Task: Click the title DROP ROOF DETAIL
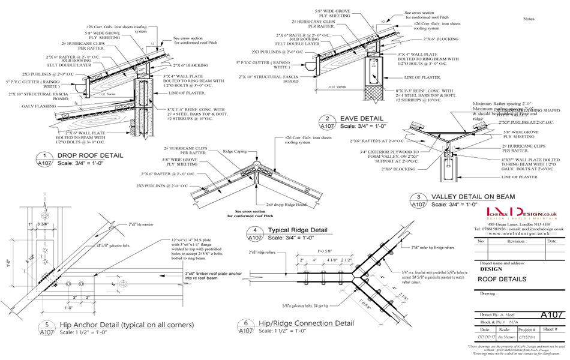coord(90,155)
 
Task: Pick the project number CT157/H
coord(526,338)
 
